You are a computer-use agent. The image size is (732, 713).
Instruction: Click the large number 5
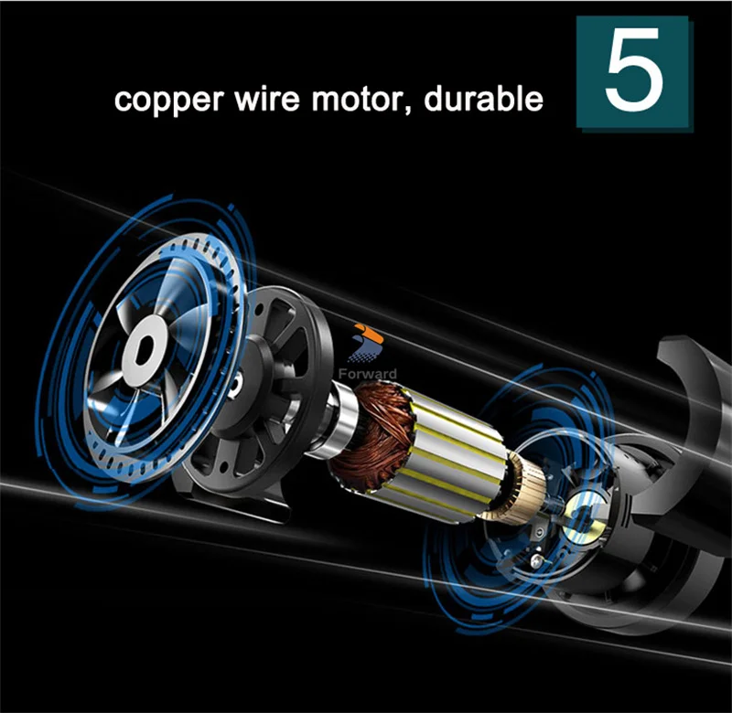pos(633,71)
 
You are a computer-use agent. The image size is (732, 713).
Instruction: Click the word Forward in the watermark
pos(366,373)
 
